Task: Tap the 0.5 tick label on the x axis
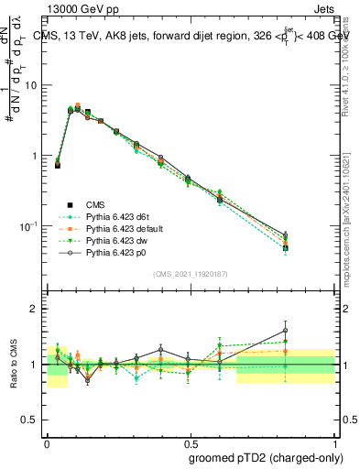click(x=191, y=441)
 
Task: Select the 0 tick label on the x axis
click(x=47, y=441)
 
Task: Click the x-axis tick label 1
click(x=334, y=441)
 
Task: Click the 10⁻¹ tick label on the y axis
click(x=31, y=226)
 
